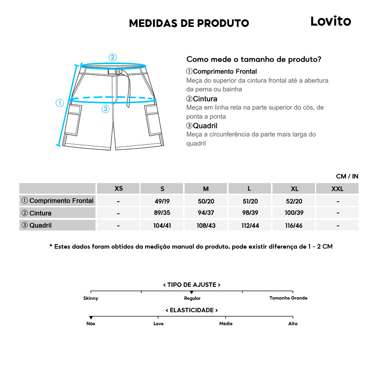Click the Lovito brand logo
[330, 21]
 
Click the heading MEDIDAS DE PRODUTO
[189, 23]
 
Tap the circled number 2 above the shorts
[113, 58]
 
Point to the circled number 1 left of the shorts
[60, 103]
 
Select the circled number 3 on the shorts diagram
[106, 109]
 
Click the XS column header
[119, 189]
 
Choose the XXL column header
[337, 189]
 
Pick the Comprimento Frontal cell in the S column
[162, 201]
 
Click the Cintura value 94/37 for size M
[206, 213]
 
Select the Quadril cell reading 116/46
[294, 226]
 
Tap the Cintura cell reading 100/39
[294, 213]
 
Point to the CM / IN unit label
[347, 176]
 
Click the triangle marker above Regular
[192, 292]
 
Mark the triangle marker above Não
[91, 318]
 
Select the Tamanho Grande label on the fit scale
[288, 298]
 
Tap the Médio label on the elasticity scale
[226, 324]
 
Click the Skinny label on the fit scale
[91, 298]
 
